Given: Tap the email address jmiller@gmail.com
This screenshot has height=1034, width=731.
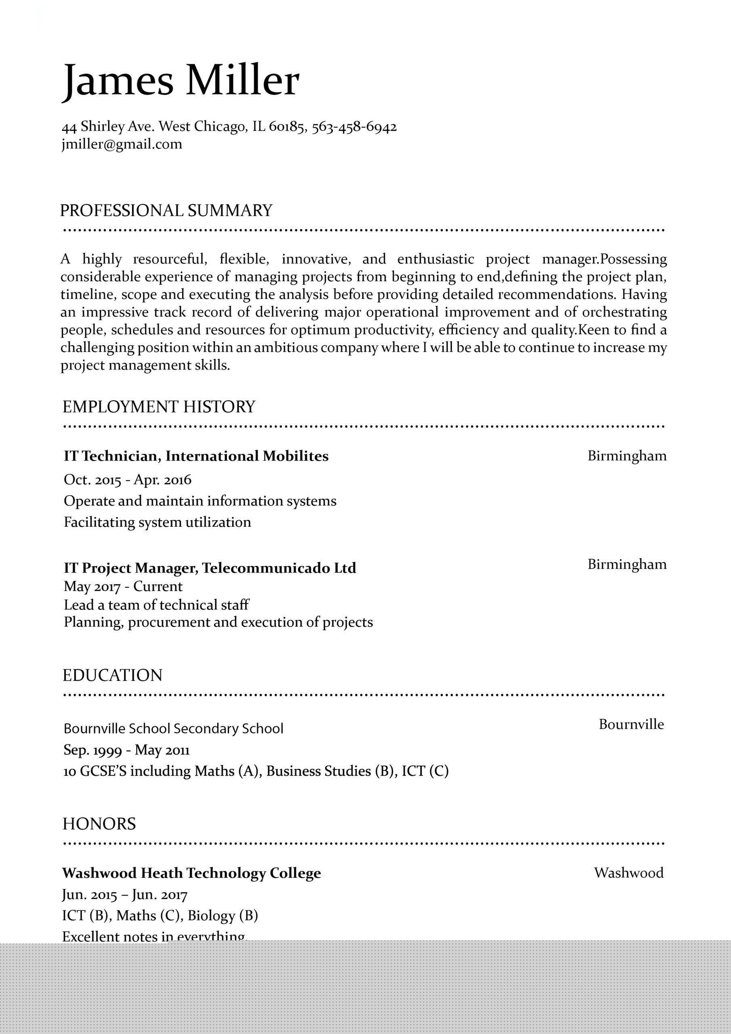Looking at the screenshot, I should pyautogui.click(x=122, y=145).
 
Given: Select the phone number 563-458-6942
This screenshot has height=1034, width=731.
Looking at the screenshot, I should pyautogui.click(x=354, y=126).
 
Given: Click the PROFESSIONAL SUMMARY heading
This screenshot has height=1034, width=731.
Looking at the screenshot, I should pyautogui.click(x=166, y=211).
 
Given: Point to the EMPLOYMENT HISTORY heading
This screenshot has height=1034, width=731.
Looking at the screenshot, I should pyautogui.click(x=159, y=407).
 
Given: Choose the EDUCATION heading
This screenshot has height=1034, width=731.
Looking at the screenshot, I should pyautogui.click(x=112, y=675).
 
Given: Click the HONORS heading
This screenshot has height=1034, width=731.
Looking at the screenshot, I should pyautogui.click(x=99, y=824).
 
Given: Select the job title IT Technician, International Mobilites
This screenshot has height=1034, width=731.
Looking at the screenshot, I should pyautogui.click(x=196, y=456).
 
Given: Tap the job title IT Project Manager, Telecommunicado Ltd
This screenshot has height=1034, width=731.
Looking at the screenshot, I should pyautogui.click(x=210, y=568).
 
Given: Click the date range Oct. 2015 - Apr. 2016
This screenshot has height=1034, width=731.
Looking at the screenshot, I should pyautogui.click(x=128, y=479).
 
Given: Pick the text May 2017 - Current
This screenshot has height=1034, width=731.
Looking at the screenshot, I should pyautogui.click(x=123, y=586).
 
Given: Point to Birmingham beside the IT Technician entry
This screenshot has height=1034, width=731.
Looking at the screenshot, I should pyautogui.click(x=626, y=456).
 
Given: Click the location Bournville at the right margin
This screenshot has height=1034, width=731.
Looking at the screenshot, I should pyautogui.click(x=631, y=724).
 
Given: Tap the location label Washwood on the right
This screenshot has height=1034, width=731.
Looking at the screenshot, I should pyautogui.click(x=628, y=873).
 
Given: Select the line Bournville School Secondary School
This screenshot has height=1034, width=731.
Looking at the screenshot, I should pyautogui.click(x=173, y=729).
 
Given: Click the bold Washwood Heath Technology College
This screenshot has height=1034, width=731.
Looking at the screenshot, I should pyautogui.click(x=191, y=873).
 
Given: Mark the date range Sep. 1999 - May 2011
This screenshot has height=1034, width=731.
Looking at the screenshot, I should pyautogui.click(x=126, y=750).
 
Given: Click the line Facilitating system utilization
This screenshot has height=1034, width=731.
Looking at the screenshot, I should pyautogui.click(x=157, y=522).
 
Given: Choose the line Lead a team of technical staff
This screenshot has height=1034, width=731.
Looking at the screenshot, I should pyautogui.click(x=156, y=605).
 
